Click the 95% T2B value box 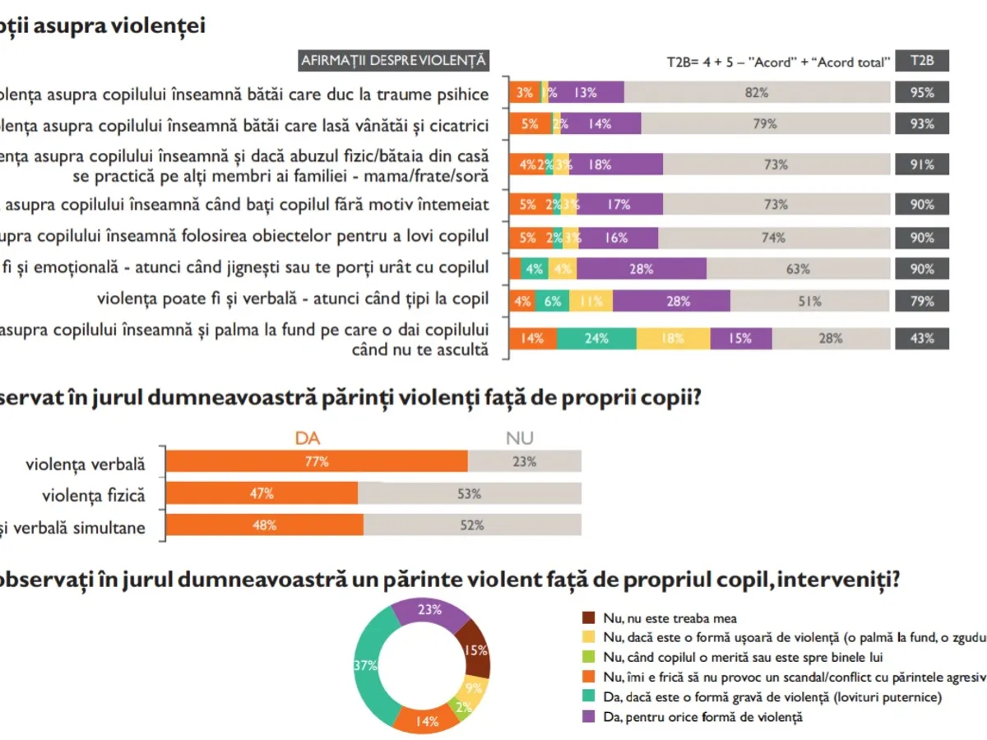(x=921, y=93)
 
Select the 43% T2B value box (x=921, y=338)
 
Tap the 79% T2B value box (x=921, y=301)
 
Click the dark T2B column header (x=921, y=61)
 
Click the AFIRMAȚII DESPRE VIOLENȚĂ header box (x=394, y=61)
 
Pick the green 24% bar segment (x=596, y=338)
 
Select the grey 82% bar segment (x=757, y=93)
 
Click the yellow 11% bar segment (x=591, y=301)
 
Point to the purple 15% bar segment (x=741, y=338)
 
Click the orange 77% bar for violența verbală (x=317, y=462)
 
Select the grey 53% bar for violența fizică (x=470, y=494)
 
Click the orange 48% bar (x=264, y=525)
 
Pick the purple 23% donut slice (x=429, y=613)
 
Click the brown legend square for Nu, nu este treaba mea (x=588, y=617)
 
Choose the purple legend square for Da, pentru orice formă (x=588, y=717)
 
